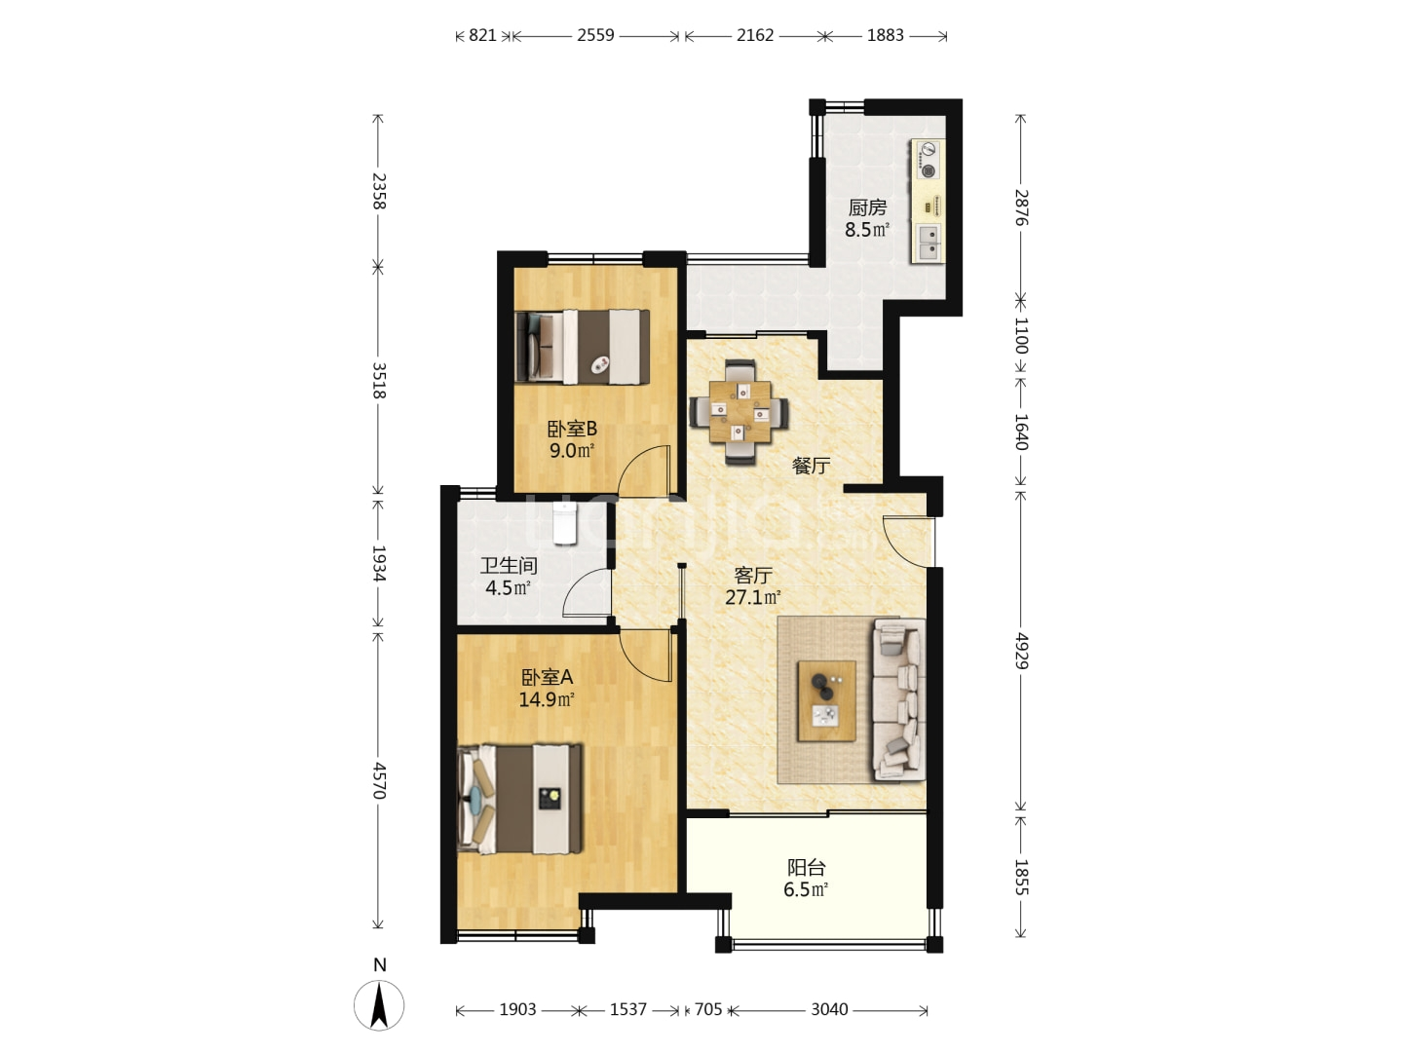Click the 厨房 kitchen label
click(867, 207)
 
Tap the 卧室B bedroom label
click(572, 428)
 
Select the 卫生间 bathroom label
click(509, 565)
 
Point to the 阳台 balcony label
click(806, 867)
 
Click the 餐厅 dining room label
click(812, 466)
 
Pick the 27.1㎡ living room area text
click(753, 598)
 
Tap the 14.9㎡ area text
click(547, 700)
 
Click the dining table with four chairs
click(739, 412)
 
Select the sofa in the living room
click(898, 698)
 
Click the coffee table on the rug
click(826, 700)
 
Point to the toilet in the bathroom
click(564, 522)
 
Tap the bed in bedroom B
click(583, 348)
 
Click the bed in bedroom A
click(519, 799)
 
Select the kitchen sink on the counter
click(929, 243)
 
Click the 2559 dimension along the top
click(595, 35)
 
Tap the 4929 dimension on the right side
click(1021, 651)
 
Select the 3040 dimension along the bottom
click(829, 1009)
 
